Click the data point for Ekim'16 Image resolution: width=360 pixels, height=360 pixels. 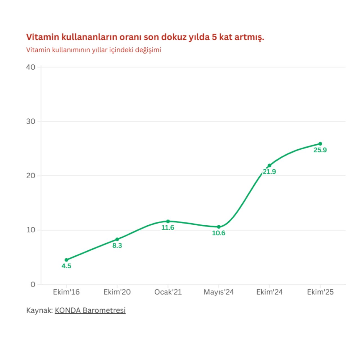(x=66, y=260)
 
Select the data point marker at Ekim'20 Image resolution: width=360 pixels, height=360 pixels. (x=117, y=239)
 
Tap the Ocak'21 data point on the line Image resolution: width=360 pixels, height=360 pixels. (x=168, y=221)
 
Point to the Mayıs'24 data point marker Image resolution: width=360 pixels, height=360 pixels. (x=219, y=227)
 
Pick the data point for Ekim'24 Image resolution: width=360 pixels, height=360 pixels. (x=269, y=165)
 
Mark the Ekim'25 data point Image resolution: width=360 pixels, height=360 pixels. (x=320, y=144)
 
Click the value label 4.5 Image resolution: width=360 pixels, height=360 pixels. (x=66, y=266)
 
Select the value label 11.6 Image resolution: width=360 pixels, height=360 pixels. (x=168, y=228)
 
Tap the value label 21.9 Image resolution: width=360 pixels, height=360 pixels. (x=269, y=172)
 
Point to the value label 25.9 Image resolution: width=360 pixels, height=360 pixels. (x=320, y=150)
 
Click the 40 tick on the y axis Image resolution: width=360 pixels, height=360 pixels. (x=31, y=67)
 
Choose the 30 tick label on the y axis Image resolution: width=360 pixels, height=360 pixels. (x=31, y=121)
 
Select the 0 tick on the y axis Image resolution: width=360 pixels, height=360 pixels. (x=33, y=284)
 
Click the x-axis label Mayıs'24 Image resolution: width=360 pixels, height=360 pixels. (x=219, y=292)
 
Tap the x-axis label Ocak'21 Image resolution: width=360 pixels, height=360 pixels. (x=168, y=292)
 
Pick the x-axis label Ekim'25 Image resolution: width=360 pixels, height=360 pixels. (x=320, y=292)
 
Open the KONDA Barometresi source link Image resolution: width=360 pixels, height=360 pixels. (x=90, y=310)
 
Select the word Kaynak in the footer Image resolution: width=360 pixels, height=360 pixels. (x=39, y=310)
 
